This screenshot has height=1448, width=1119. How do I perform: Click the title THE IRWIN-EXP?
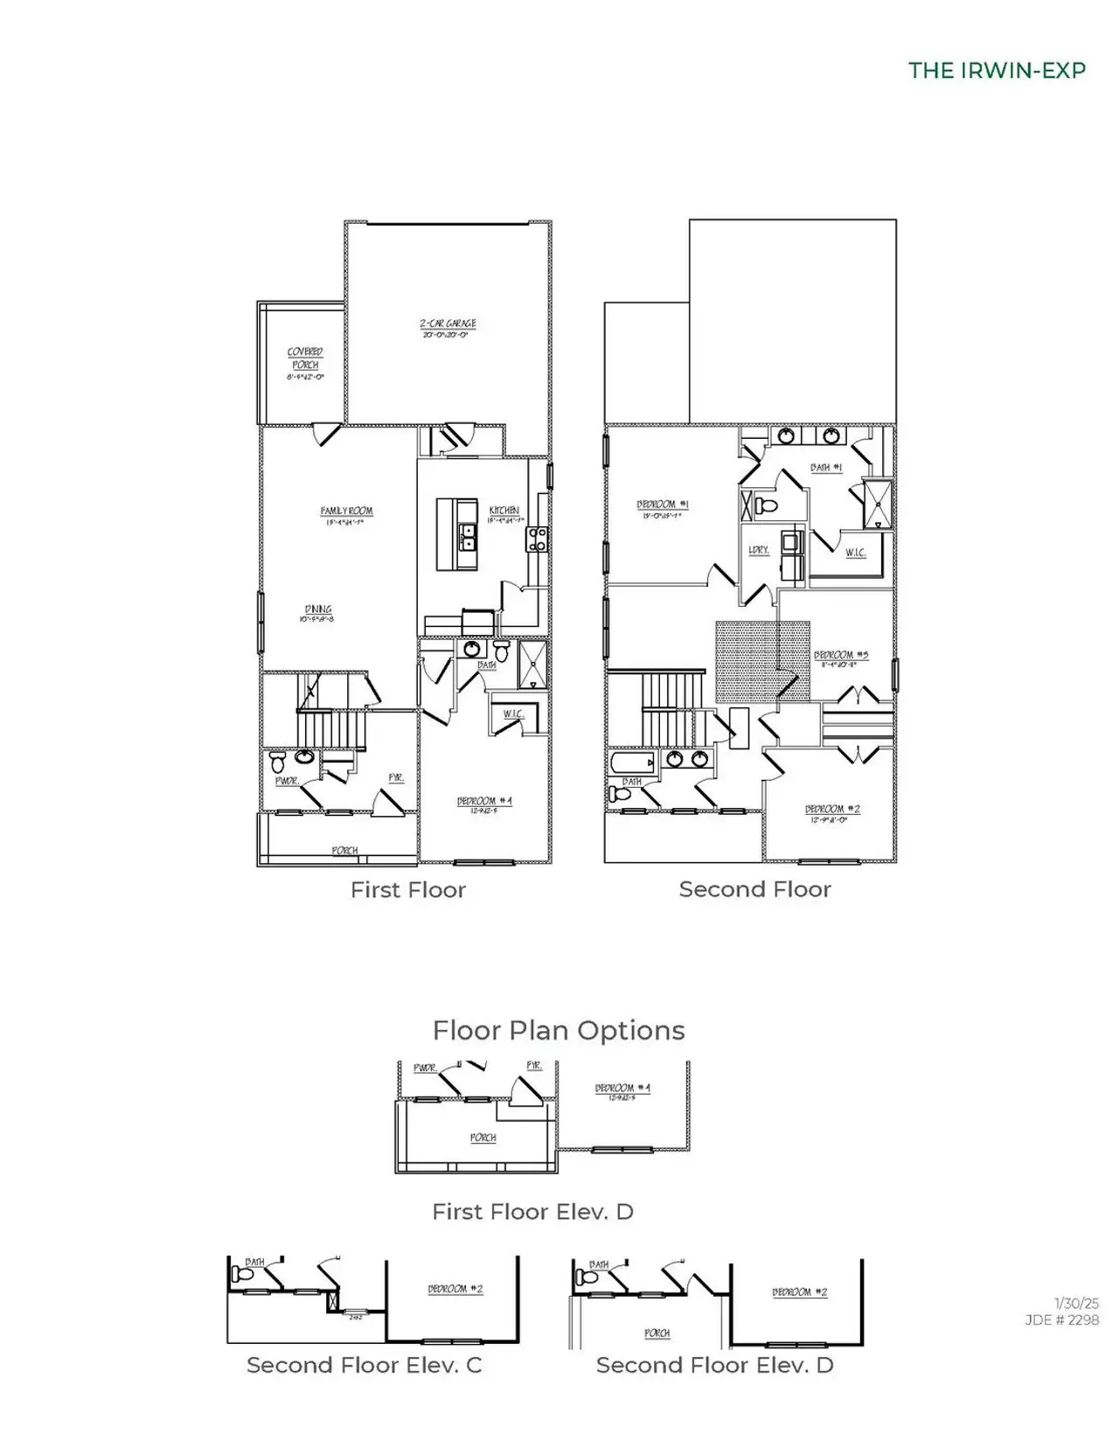[997, 70]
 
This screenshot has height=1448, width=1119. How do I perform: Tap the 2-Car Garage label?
[448, 324]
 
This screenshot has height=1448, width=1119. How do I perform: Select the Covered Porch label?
[305, 357]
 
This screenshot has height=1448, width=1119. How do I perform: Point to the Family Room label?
[346, 512]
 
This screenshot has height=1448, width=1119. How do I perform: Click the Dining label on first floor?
[318, 610]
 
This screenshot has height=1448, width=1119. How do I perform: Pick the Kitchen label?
[504, 511]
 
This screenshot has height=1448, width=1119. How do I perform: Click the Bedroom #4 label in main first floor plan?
[484, 801]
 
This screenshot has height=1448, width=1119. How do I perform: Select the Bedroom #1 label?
[662, 505]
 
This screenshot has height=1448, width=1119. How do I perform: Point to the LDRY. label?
[758, 550]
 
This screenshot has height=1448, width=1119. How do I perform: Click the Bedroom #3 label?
[840, 655]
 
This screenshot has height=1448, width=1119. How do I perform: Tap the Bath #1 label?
[825, 468]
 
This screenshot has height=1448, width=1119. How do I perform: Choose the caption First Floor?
[408, 890]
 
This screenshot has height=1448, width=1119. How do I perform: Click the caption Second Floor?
[754, 889]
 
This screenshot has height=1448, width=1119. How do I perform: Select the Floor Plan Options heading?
[559, 1030]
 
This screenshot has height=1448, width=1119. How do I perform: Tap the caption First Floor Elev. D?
[532, 1212]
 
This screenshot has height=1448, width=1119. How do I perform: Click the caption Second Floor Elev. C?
[364, 1365]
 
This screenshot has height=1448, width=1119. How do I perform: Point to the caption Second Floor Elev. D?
[714, 1365]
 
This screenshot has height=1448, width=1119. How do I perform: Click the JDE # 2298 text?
[1062, 1320]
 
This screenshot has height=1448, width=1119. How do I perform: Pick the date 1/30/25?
[1076, 1304]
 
